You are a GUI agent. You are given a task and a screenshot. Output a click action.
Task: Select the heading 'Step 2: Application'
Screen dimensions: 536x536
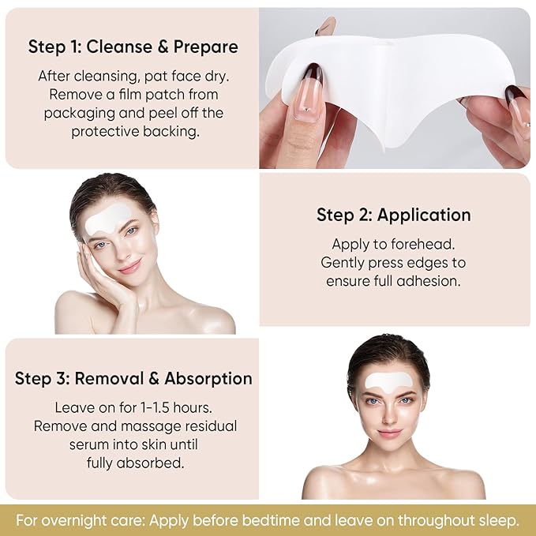click(x=393, y=215)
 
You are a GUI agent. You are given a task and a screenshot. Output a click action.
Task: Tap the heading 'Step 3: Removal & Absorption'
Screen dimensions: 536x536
click(x=133, y=378)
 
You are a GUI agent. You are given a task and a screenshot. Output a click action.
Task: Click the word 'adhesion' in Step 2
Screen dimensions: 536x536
click(x=433, y=281)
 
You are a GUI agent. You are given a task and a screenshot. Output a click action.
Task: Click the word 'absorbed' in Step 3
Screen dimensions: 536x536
click(x=156, y=463)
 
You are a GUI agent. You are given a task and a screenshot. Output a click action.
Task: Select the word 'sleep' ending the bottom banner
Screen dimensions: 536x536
click(x=499, y=520)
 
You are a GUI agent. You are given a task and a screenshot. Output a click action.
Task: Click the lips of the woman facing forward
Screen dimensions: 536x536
click(x=389, y=433)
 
